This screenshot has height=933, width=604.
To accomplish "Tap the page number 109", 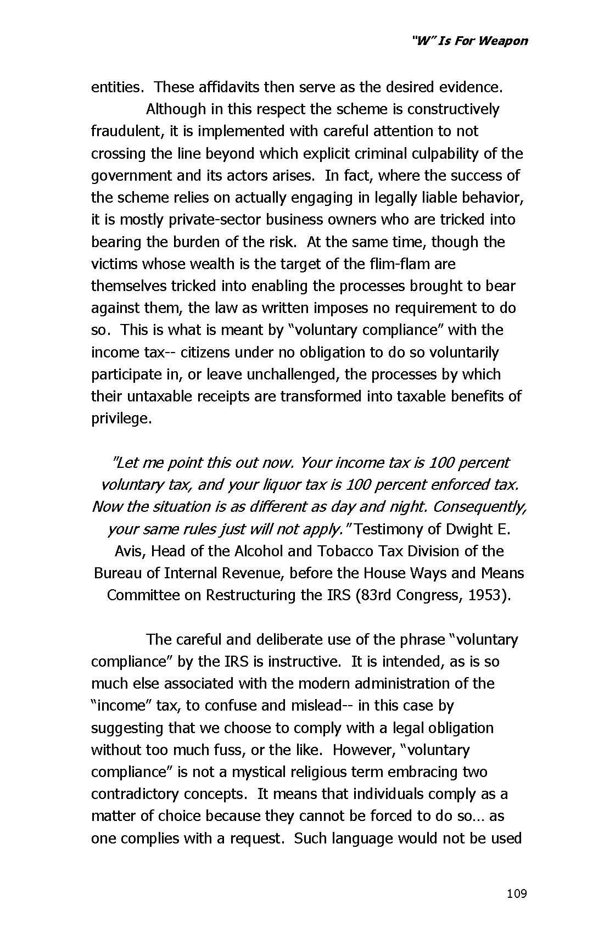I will pos(517,893).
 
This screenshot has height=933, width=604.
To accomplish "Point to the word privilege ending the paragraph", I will pos(121,419).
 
